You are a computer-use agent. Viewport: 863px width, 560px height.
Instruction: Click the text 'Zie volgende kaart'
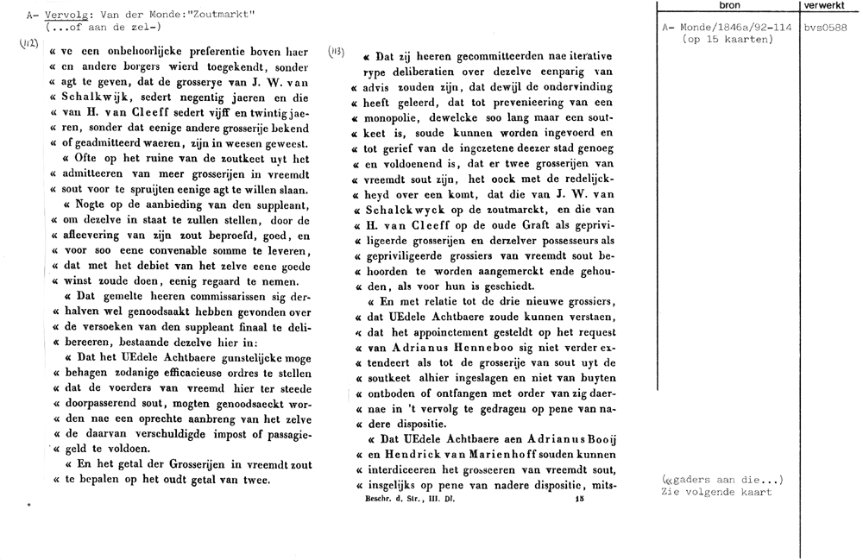716,492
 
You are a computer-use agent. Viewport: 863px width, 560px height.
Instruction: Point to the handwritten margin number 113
337,52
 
